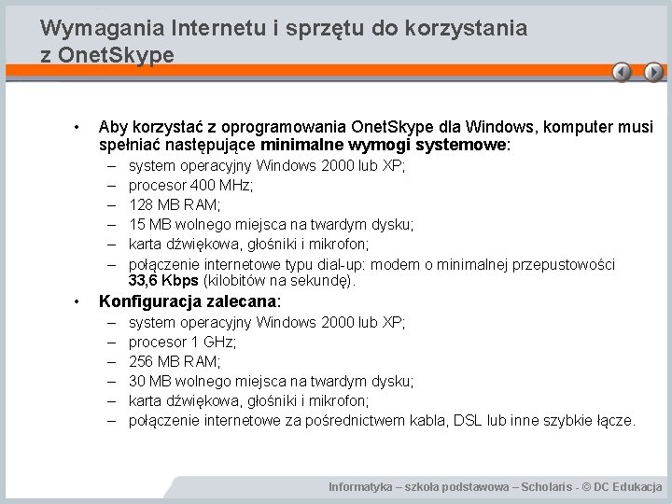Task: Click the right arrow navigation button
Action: (652, 73)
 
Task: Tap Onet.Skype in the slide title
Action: (116, 54)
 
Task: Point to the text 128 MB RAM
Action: (174, 205)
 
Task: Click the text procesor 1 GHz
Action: (182, 342)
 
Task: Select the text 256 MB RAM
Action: (174, 361)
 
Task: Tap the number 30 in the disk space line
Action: (137, 381)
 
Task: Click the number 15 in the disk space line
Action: (137, 225)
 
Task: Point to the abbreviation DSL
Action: (469, 421)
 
